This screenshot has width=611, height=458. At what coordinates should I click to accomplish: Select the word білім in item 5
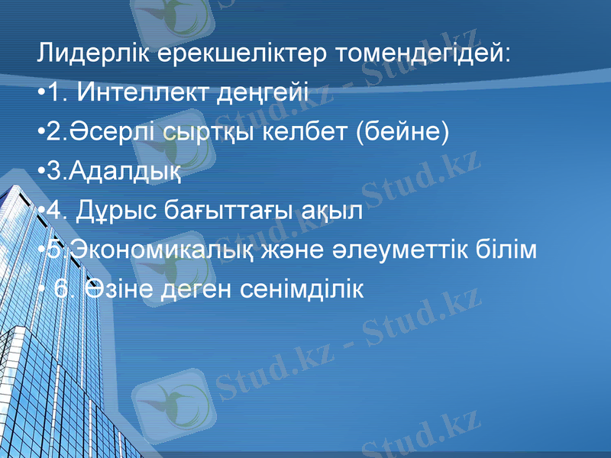tap(503, 252)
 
